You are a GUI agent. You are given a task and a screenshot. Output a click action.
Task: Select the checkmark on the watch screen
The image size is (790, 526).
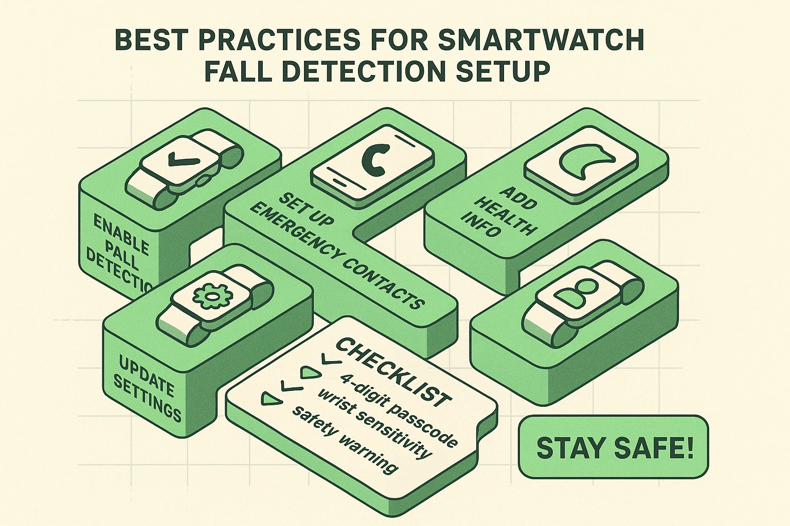[x=177, y=161]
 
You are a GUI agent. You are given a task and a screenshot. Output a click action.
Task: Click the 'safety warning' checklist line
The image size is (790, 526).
[x=345, y=439]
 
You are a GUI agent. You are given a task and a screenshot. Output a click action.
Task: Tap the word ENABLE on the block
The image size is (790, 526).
[x=121, y=234]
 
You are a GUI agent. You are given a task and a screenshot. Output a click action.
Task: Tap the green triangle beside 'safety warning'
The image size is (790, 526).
[x=270, y=398]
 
